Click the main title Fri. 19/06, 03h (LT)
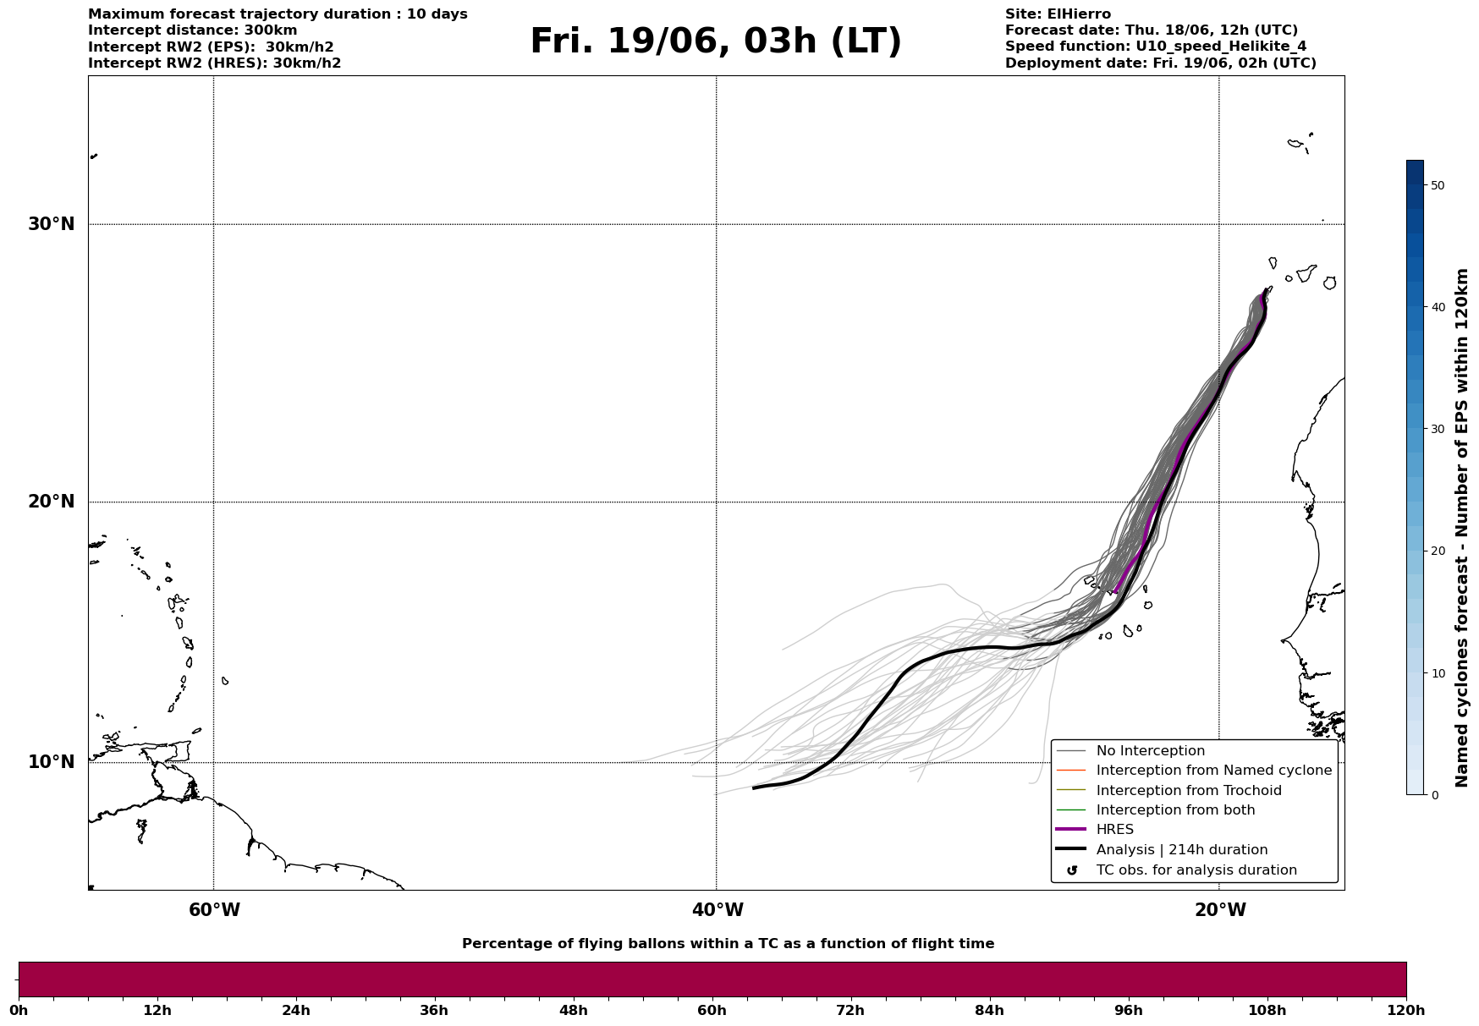[716, 41]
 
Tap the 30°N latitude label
[52, 224]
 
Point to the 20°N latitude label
[52, 502]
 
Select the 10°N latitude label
[52, 762]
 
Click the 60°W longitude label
[214, 910]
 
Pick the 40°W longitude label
[718, 910]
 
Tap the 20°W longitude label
[1220, 910]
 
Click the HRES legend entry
[1114, 830]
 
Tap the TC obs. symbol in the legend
[1072, 870]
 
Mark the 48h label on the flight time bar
[573, 1010]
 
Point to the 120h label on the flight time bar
[1405, 1010]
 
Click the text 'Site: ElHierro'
[1058, 14]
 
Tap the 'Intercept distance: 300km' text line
[193, 30]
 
